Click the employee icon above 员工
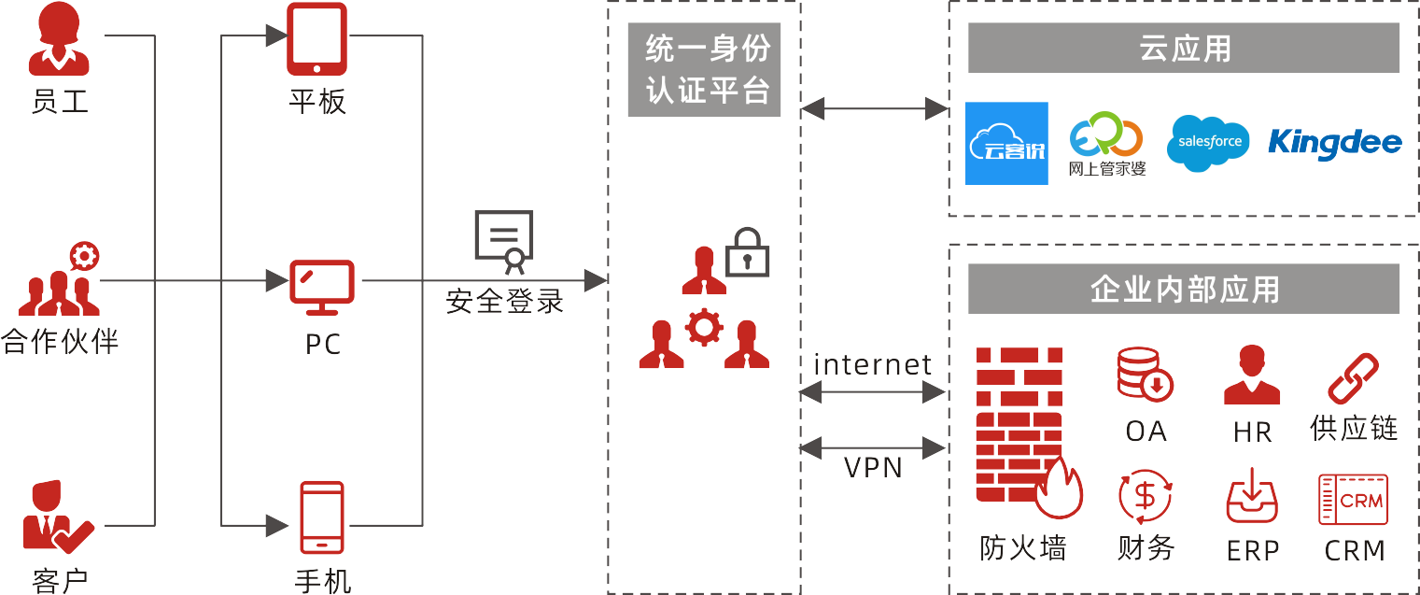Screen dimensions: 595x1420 (59, 39)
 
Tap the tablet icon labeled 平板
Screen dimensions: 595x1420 (317, 39)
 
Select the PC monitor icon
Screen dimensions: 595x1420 (322, 288)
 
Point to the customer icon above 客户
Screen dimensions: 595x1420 (55, 517)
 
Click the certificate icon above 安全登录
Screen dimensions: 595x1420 (504, 241)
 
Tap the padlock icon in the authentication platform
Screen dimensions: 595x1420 (747, 252)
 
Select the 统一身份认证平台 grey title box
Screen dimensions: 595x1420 (704, 70)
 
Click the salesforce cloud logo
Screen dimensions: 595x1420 (1209, 143)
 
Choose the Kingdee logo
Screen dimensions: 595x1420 (1334, 143)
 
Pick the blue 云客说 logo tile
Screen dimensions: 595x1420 (1006, 143)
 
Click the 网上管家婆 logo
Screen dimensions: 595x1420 (1106, 143)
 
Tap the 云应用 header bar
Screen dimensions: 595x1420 (1183, 48)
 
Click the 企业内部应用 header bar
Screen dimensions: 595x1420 (1183, 289)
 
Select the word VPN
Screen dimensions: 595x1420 (873, 467)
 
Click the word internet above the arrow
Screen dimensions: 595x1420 (873, 364)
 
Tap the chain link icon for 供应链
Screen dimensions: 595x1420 (1353, 377)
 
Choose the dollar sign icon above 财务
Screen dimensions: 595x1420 (1145, 497)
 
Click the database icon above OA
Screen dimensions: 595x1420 (1145, 374)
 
